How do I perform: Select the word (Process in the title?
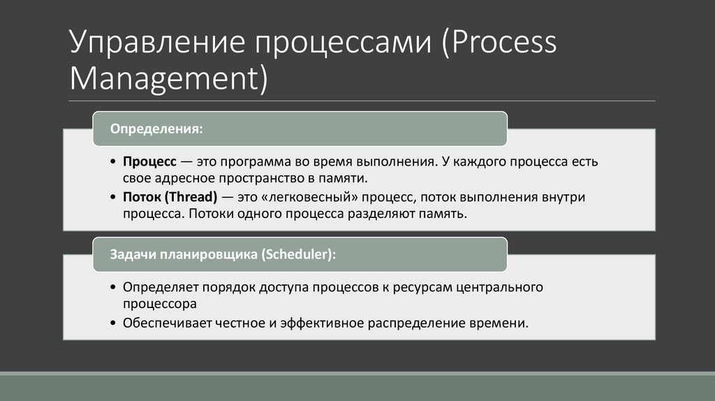[x=498, y=43]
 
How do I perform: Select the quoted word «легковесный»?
[x=302, y=197]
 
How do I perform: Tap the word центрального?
[x=500, y=287]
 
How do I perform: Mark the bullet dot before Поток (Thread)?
[x=115, y=198]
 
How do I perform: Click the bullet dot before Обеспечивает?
[x=115, y=323]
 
